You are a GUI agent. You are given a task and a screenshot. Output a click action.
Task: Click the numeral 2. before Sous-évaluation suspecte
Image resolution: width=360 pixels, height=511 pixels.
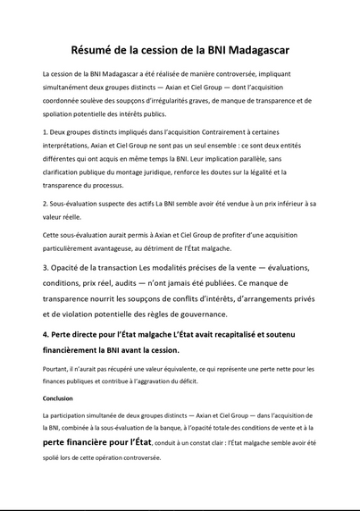pyautogui.click(x=45, y=203)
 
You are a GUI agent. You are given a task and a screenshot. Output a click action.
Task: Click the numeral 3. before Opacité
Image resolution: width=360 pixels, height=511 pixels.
pyautogui.click(x=46, y=268)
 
